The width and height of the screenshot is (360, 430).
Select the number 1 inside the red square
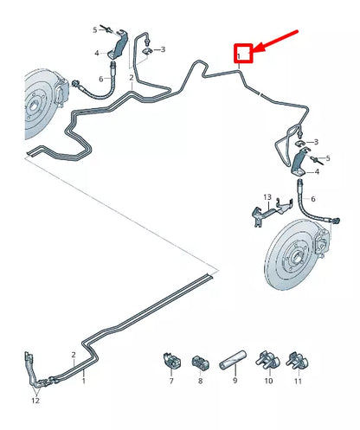tap(238, 55)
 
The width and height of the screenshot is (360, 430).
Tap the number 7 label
tap(170, 380)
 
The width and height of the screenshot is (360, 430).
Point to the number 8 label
tap(200, 380)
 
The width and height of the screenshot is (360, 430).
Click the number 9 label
tap(234, 380)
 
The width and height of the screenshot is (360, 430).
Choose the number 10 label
tap(267, 380)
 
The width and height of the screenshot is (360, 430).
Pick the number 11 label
tap(299, 380)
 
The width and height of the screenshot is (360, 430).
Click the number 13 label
tap(267, 196)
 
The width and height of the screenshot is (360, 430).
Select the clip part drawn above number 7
tap(170, 359)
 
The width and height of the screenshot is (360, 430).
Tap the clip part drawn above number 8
tap(200, 359)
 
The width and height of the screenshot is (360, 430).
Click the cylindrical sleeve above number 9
tap(234, 358)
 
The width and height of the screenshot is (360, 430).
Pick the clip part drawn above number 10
tap(266, 360)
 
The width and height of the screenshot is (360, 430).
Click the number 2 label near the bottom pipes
tap(74, 355)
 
